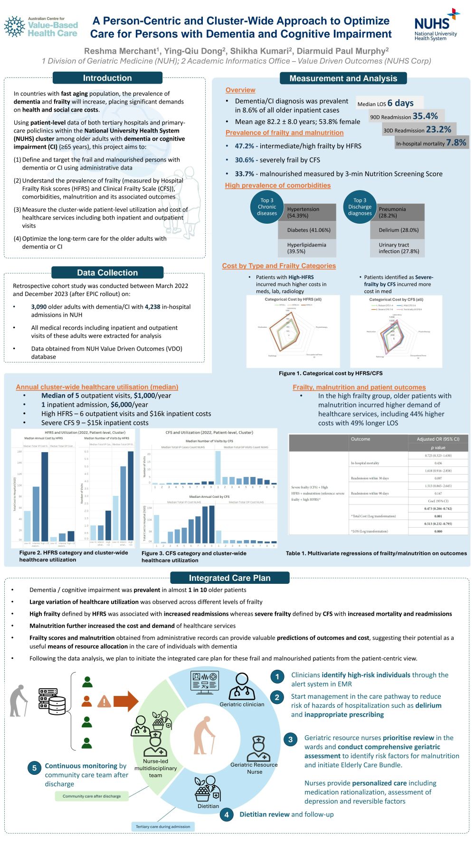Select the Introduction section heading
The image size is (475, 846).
pyautogui.click(x=107, y=78)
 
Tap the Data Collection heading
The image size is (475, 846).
pyautogui.click(x=107, y=273)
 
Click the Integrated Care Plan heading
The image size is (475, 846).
pyautogui.click(x=229, y=578)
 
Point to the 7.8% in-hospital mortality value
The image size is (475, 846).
pyautogui.click(x=456, y=143)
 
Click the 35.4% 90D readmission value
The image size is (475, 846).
pyautogui.click(x=425, y=116)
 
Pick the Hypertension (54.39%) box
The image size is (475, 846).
pyautogui.click(x=306, y=212)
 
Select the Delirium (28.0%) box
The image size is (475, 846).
pyautogui.click(x=399, y=230)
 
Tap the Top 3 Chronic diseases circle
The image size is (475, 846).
pyautogui.click(x=267, y=207)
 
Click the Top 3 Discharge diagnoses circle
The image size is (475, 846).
pyautogui.click(x=360, y=207)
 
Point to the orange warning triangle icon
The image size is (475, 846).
pyautogui.click(x=104, y=702)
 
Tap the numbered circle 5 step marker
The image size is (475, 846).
pyautogui.click(x=34, y=768)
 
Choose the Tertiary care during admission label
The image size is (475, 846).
pyautogui.click(x=163, y=827)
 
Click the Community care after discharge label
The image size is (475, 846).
pyautogui.click(x=92, y=796)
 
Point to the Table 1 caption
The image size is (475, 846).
pyautogui.click(x=376, y=553)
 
